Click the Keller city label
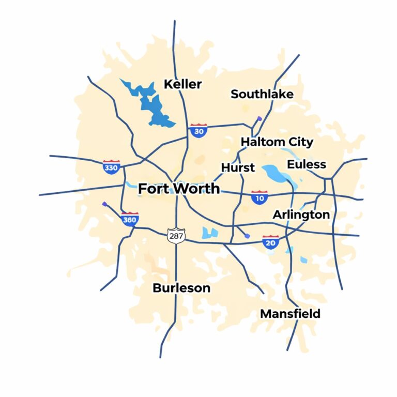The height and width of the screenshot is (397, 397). [182, 84]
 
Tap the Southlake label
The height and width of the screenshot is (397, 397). [262, 94]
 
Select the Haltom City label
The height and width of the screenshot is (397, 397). [277, 142]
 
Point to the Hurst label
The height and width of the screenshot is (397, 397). [238, 167]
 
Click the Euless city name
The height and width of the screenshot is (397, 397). [307, 164]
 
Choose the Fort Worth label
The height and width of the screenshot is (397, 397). [179, 189]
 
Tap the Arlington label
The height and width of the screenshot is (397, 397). [301, 215]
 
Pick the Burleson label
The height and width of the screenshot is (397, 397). [181, 288]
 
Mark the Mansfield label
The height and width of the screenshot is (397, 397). [290, 313]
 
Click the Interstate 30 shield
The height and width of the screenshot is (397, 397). [198, 130]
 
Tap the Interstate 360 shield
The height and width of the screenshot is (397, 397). [130, 219]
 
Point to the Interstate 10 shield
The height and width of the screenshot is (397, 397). [259, 197]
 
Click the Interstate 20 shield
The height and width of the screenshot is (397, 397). [270, 241]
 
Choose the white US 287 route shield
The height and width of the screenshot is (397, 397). [176, 235]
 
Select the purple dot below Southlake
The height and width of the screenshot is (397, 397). [259, 119]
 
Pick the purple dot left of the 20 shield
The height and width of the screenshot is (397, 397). [248, 236]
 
